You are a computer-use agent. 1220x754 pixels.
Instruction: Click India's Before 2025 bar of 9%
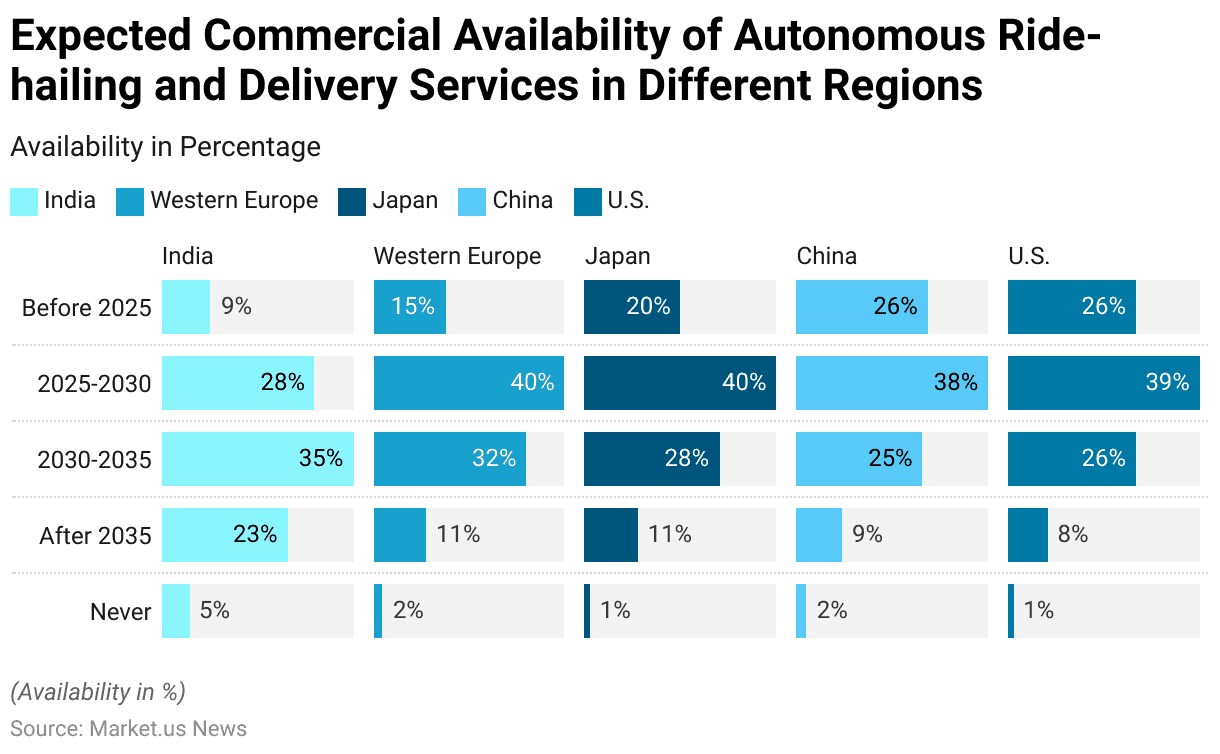point(186,307)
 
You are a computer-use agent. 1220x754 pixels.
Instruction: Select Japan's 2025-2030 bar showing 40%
point(680,383)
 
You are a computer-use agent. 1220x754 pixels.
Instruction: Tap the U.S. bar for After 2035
point(1028,535)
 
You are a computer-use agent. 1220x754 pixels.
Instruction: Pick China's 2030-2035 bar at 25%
point(859,459)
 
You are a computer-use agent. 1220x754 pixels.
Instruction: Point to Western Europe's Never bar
point(378,611)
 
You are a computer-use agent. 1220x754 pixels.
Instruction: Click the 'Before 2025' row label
point(86,307)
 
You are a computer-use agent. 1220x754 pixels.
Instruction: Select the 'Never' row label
point(120,611)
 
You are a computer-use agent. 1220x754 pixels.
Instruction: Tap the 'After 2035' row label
point(95,535)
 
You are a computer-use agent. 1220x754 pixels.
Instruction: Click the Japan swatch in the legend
point(353,201)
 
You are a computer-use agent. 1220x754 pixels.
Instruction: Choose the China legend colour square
point(472,201)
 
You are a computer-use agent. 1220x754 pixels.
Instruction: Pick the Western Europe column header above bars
point(457,256)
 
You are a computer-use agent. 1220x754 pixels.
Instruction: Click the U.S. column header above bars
point(1029,256)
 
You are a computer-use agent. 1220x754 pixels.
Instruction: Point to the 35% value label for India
point(321,459)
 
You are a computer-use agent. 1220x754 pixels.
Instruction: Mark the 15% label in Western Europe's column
point(412,307)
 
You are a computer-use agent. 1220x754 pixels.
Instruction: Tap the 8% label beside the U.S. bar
point(1073,535)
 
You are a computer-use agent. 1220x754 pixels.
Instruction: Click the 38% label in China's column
point(956,383)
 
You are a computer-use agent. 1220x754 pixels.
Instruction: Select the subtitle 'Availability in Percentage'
point(165,147)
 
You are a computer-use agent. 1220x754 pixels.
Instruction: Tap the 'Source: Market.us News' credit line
point(128,728)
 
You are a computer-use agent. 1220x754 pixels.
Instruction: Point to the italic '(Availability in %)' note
point(98,692)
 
